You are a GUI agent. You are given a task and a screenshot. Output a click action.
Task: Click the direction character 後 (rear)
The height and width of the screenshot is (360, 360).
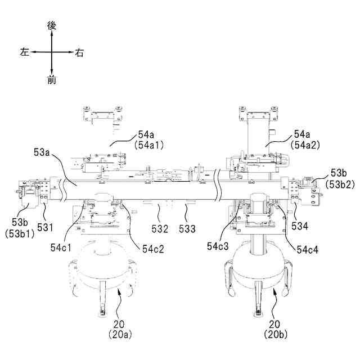coord(52,25)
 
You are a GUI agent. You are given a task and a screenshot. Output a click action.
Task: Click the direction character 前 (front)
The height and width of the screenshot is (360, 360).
coord(52,80)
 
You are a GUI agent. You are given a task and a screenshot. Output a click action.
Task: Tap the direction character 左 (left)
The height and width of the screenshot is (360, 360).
coord(24,52)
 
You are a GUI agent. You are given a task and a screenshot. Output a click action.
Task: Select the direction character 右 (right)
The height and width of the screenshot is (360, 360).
coord(79,53)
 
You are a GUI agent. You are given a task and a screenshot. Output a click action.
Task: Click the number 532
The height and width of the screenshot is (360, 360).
coord(159,229)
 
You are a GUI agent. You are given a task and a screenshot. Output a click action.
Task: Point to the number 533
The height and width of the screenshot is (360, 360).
coord(187,229)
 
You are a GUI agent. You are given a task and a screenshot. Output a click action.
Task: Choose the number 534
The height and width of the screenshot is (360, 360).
coord(300,226)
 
